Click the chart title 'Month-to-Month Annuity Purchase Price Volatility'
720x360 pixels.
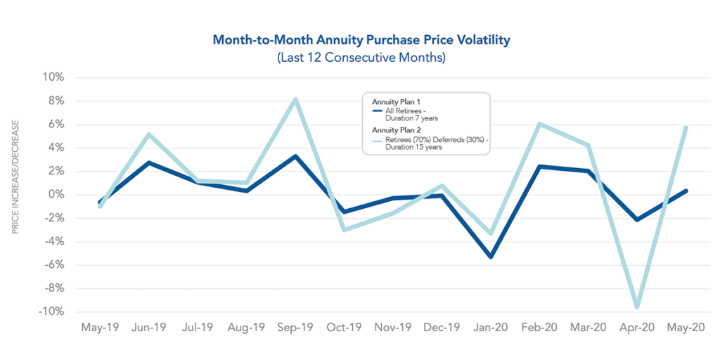point(361,40)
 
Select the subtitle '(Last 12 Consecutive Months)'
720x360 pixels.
point(361,58)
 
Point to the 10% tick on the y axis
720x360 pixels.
point(53,77)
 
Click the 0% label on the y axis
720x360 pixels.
point(56,195)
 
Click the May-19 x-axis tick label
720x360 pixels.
point(101,328)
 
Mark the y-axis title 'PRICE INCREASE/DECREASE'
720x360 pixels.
point(15,176)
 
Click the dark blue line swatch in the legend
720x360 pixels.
point(378,111)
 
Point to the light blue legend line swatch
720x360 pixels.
point(378,140)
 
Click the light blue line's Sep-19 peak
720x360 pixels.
point(296,99)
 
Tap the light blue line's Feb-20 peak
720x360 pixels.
point(539,124)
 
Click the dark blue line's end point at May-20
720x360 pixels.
point(686,191)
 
